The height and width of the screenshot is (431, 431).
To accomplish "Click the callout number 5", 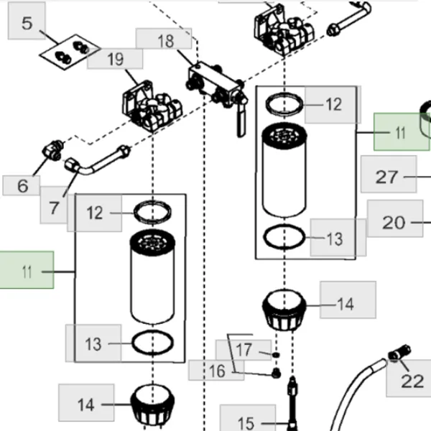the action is pyautogui.click(x=27, y=23).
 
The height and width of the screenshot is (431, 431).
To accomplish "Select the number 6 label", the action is pyautogui.click(x=23, y=186).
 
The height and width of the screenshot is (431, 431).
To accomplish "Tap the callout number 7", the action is pyautogui.click(x=54, y=208).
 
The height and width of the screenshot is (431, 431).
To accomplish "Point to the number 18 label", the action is pyautogui.click(x=166, y=41).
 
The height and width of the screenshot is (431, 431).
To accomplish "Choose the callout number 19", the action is pyautogui.click(x=116, y=59).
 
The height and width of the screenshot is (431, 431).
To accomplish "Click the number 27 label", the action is pyautogui.click(x=386, y=177).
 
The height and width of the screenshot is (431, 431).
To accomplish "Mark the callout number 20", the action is pyautogui.click(x=394, y=223).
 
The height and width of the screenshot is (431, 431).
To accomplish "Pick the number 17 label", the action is pyautogui.click(x=244, y=350).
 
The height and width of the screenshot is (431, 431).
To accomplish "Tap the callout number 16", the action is pyautogui.click(x=217, y=371).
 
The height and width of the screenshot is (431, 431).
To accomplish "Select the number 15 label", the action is pyautogui.click(x=246, y=423).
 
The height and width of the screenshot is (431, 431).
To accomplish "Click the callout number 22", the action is pyautogui.click(x=412, y=381).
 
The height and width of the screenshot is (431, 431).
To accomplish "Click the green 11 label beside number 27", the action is pyautogui.click(x=401, y=133).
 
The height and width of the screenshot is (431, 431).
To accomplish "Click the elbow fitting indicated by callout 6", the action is pyautogui.click(x=52, y=150).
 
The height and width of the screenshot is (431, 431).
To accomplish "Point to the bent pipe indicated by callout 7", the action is pyautogui.click(x=97, y=162).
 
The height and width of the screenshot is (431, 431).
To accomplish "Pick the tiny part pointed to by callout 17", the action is pyautogui.click(x=276, y=355).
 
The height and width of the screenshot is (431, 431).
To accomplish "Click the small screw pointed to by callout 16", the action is pyautogui.click(x=277, y=374).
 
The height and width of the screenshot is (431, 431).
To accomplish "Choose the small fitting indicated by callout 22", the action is pyautogui.click(x=399, y=353).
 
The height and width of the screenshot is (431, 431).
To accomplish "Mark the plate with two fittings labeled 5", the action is pyautogui.click(x=70, y=52).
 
